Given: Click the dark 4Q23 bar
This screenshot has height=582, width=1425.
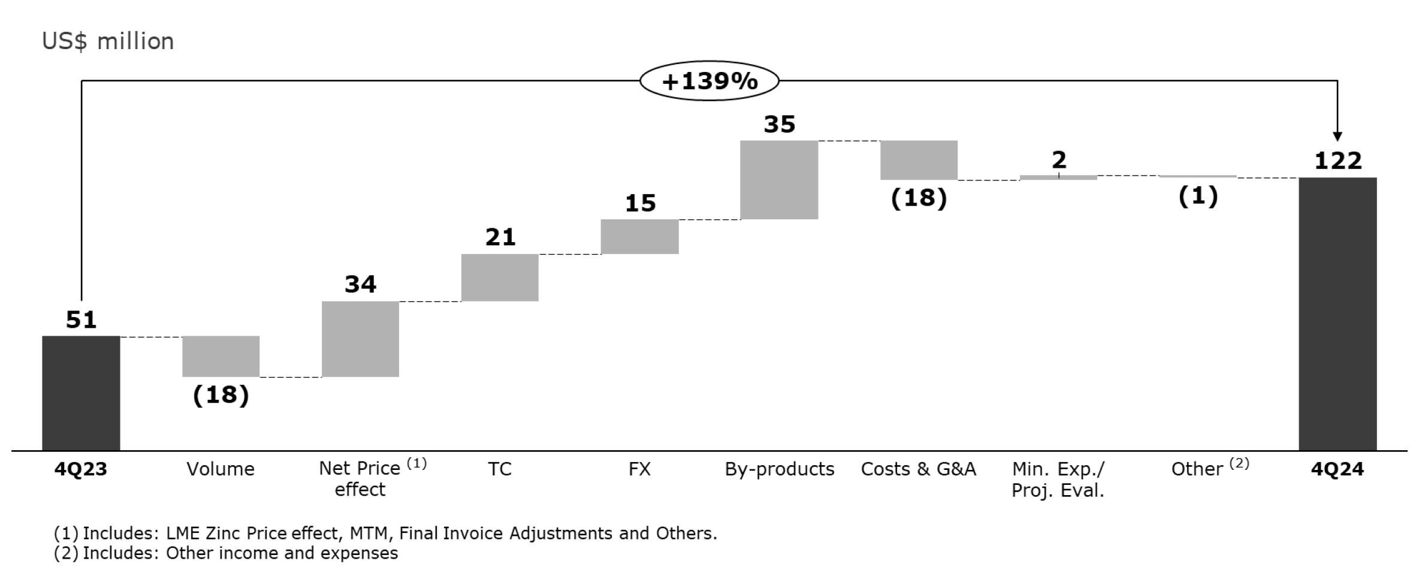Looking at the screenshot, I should pos(81,393).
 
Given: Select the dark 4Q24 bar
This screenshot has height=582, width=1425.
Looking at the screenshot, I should pos(1338,313).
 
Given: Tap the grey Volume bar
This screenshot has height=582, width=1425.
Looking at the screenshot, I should pos(221,356).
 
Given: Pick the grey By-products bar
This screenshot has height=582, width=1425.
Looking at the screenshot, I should pos(779,180).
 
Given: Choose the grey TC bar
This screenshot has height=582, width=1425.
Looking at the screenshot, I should pos(500,278).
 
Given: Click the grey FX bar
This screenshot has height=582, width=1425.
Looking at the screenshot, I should pos(639,237).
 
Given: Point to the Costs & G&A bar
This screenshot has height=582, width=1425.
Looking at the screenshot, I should pos(919,160).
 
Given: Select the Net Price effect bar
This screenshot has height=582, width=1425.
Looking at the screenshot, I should pos(360,339).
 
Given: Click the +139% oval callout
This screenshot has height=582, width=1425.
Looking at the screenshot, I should pos(710,81).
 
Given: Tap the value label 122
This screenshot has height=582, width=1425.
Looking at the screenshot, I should pos(1338,161).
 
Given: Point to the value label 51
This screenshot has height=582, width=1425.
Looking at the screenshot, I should pos(81,320).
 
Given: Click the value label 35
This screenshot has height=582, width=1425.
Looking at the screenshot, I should pos(779,125).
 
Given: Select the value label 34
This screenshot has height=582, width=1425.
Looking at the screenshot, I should pos(360,284).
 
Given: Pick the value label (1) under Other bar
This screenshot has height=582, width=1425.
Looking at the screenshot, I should pos(1198,196).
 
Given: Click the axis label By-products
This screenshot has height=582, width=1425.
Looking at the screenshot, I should pos(779,469).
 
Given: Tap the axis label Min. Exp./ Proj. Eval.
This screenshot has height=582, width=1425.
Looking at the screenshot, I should pos(1058,479).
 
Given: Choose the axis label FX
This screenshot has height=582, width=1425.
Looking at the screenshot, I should pos(639,469).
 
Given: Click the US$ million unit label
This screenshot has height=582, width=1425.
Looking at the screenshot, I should pos(108,41).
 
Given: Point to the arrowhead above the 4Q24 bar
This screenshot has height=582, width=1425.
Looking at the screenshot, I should pos(1338,136).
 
